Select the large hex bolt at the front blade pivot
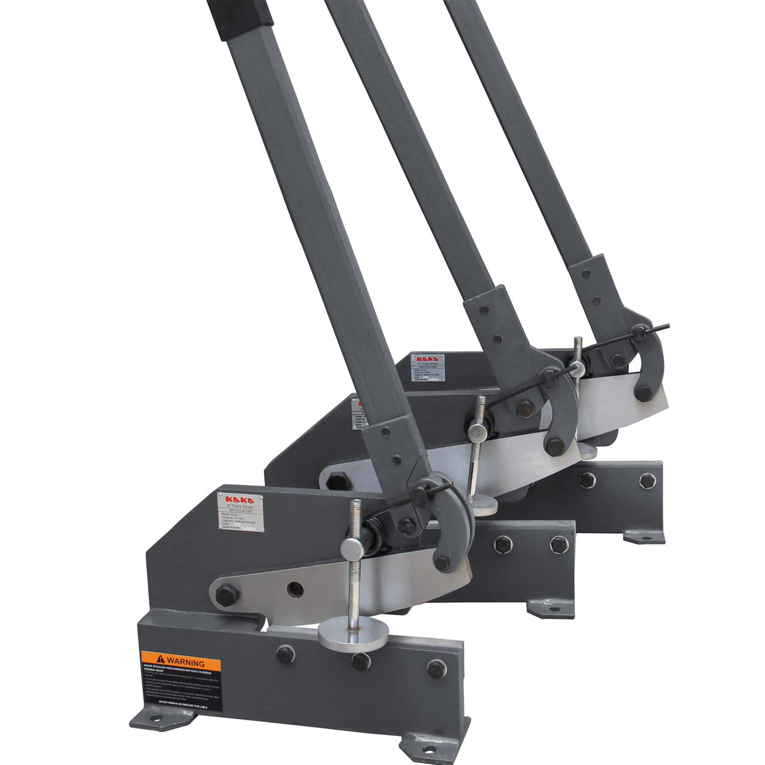point(227,594)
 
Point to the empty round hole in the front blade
point(294,589)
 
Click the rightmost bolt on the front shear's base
point(436,669)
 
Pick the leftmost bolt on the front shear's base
point(285,654)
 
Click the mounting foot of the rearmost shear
point(644,536)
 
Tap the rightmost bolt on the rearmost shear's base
point(647,480)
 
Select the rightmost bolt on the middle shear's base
point(557,543)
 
